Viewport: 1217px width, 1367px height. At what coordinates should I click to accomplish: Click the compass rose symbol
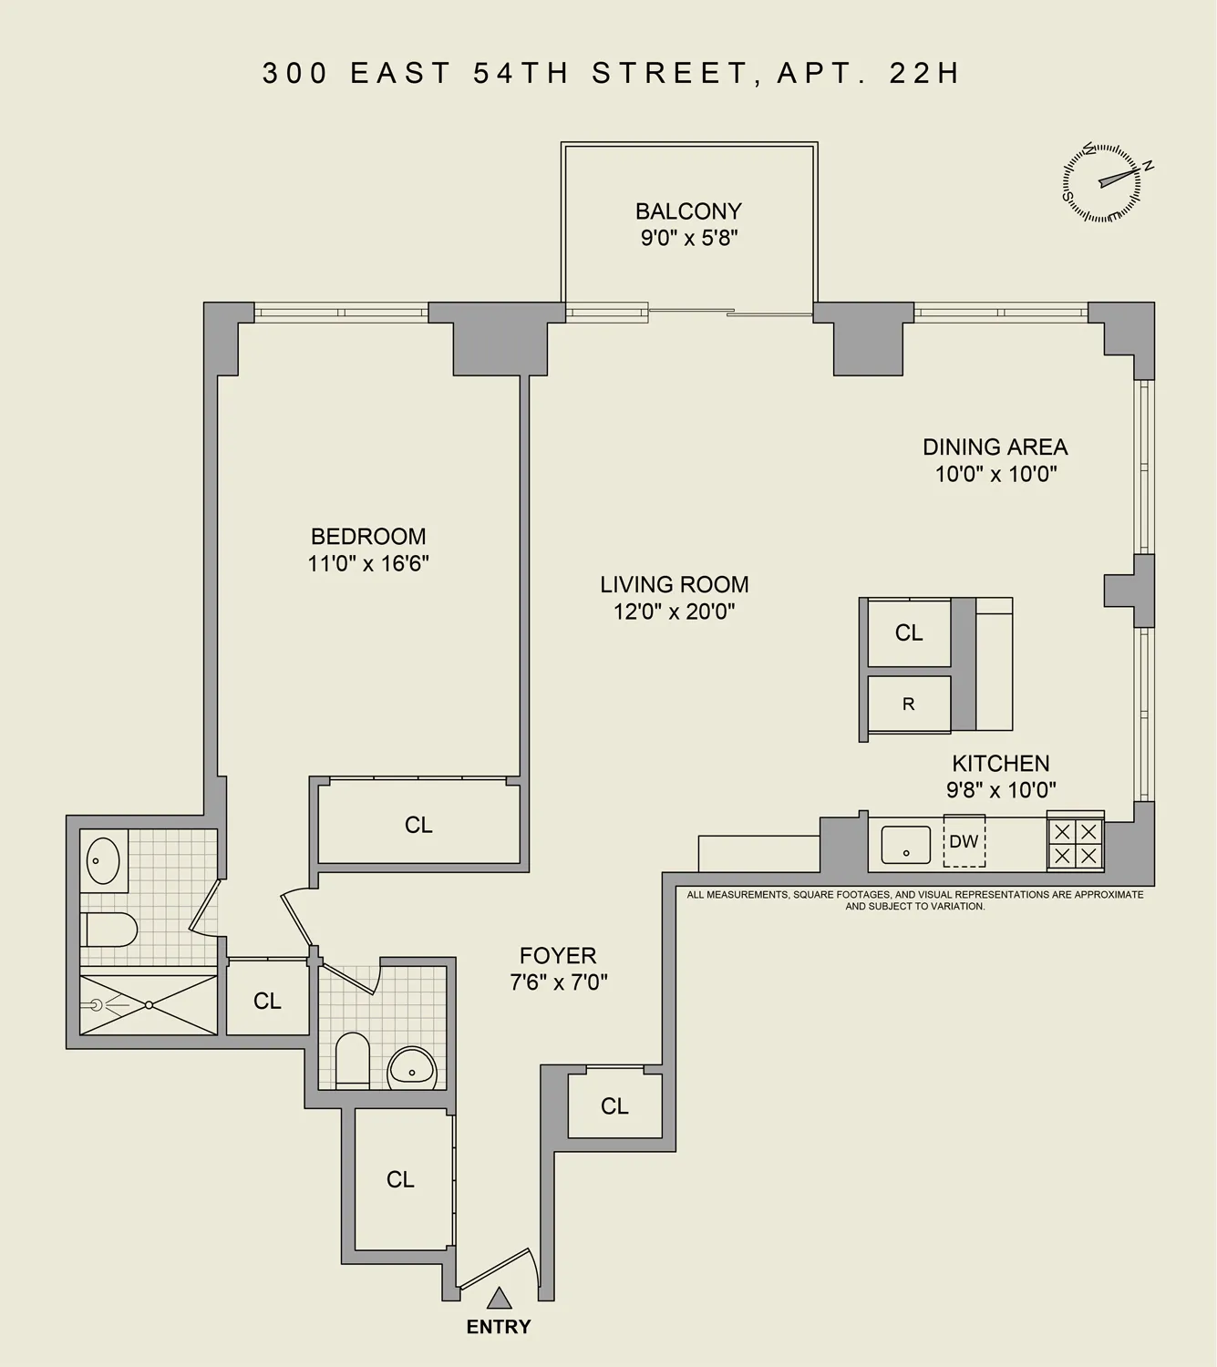tap(1101, 182)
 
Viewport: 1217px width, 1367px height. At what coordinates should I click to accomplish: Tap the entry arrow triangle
tap(498, 1298)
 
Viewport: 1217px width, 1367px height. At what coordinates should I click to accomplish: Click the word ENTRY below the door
tap(498, 1327)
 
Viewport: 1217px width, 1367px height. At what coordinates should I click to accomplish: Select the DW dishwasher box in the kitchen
tap(964, 841)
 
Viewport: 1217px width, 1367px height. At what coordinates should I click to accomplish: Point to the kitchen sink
tap(905, 845)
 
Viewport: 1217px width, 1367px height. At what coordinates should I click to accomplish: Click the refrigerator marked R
tap(909, 704)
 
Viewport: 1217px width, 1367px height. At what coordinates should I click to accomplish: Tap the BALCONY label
tap(688, 211)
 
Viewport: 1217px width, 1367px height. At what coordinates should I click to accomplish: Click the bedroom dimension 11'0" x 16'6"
tap(368, 563)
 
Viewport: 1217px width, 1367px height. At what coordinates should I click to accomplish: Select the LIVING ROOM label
tap(674, 585)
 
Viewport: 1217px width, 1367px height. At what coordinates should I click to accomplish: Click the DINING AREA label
tap(995, 447)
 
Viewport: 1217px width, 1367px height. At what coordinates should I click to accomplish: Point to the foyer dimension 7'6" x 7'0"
tap(558, 982)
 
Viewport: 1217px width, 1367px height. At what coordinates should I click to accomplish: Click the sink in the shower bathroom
tap(102, 860)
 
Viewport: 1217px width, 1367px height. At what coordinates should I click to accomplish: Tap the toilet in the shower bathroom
tap(109, 930)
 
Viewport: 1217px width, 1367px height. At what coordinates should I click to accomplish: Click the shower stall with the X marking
tap(149, 1005)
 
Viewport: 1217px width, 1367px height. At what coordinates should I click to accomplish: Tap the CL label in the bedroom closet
tap(418, 825)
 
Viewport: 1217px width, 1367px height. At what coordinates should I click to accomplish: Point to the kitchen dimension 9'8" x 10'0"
tap(1000, 789)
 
